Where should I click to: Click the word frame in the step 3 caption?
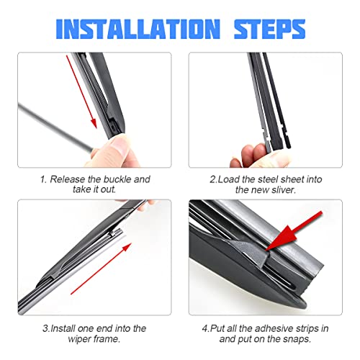click(x=108, y=339)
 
